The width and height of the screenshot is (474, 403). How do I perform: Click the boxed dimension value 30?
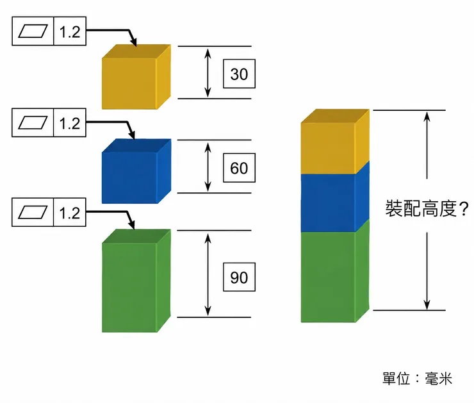tap(239, 74)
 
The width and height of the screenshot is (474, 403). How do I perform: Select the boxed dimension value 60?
tap(239, 168)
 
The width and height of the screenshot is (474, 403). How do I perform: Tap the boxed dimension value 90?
tap(239, 277)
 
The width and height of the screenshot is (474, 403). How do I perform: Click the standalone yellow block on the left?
tap(136, 77)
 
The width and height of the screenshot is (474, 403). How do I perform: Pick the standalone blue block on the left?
tap(136, 171)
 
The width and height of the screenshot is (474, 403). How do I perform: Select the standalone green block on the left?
tap(136, 281)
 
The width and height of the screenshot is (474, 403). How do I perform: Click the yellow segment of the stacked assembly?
tap(335, 142)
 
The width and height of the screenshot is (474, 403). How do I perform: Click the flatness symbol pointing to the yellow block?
tap(33, 31)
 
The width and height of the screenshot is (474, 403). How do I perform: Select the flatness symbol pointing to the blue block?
tap(33, 123)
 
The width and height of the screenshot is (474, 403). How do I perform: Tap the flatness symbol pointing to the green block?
tap(33, 212)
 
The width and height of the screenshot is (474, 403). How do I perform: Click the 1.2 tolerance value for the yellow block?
tap(70, 32)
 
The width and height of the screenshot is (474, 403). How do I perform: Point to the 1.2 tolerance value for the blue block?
tap(70, 124)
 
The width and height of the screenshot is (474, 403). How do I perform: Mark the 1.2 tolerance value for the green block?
tap(70, 213)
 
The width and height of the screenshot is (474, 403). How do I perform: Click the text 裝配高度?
tap(427, 208)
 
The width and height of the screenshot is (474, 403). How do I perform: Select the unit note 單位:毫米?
tap(417, 378)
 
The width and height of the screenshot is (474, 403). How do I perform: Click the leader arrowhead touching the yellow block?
tap(133, 42)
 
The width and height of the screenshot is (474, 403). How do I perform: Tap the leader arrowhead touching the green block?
tap(131, 225)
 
